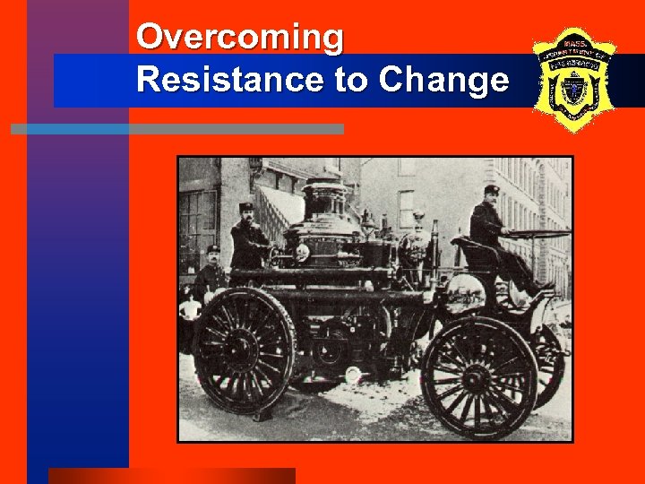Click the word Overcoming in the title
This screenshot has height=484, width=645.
coord(239,38)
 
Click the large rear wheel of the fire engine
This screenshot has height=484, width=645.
coord(244,350)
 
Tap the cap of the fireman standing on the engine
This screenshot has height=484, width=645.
coord(246,207)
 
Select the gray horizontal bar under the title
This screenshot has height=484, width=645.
coord(177,129)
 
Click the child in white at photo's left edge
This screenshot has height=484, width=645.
coord(189,309)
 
